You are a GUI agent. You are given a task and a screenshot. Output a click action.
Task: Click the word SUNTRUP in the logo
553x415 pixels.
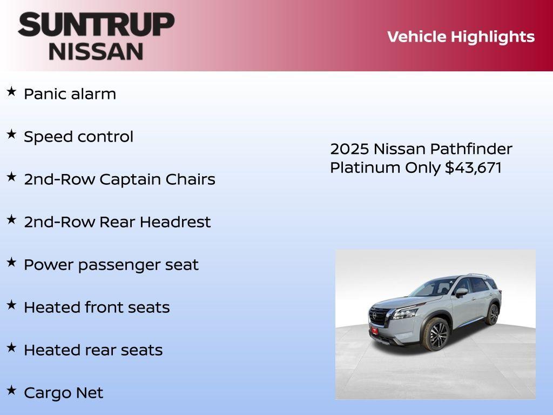click(96, 25)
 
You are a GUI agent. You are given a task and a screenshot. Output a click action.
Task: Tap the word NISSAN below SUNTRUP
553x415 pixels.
click(96, 51)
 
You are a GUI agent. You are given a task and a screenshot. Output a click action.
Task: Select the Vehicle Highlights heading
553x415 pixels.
click(461, 37)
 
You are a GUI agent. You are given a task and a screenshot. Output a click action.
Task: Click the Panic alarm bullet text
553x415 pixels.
click(70, 93)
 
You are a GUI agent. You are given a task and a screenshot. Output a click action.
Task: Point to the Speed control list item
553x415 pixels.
click(78, 137)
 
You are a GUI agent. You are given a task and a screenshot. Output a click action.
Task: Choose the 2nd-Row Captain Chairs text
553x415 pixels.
click(119, 179)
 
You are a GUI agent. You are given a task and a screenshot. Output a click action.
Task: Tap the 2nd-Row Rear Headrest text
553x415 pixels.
click(117, 222)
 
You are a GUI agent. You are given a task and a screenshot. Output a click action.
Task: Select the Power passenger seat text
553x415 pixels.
click(111, 265)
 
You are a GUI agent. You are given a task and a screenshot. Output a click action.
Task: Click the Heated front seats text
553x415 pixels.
click(97, 307)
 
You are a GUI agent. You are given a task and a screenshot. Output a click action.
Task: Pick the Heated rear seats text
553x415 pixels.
click(93, 350)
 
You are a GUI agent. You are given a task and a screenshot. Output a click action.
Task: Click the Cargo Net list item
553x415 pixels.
click(63, 393)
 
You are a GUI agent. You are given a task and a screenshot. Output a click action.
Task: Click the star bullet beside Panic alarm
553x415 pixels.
click(11, 92)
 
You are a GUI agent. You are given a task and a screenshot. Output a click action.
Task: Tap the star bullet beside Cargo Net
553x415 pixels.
click(11, 391)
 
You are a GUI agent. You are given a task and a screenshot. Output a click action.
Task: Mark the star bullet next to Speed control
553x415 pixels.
click(11, 135)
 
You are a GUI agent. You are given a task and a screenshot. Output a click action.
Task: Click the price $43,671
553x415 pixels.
click(473, 168)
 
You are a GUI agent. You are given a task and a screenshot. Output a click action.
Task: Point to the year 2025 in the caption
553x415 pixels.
click(349, 149)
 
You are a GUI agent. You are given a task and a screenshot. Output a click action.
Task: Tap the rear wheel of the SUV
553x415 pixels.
click(492, 314)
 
